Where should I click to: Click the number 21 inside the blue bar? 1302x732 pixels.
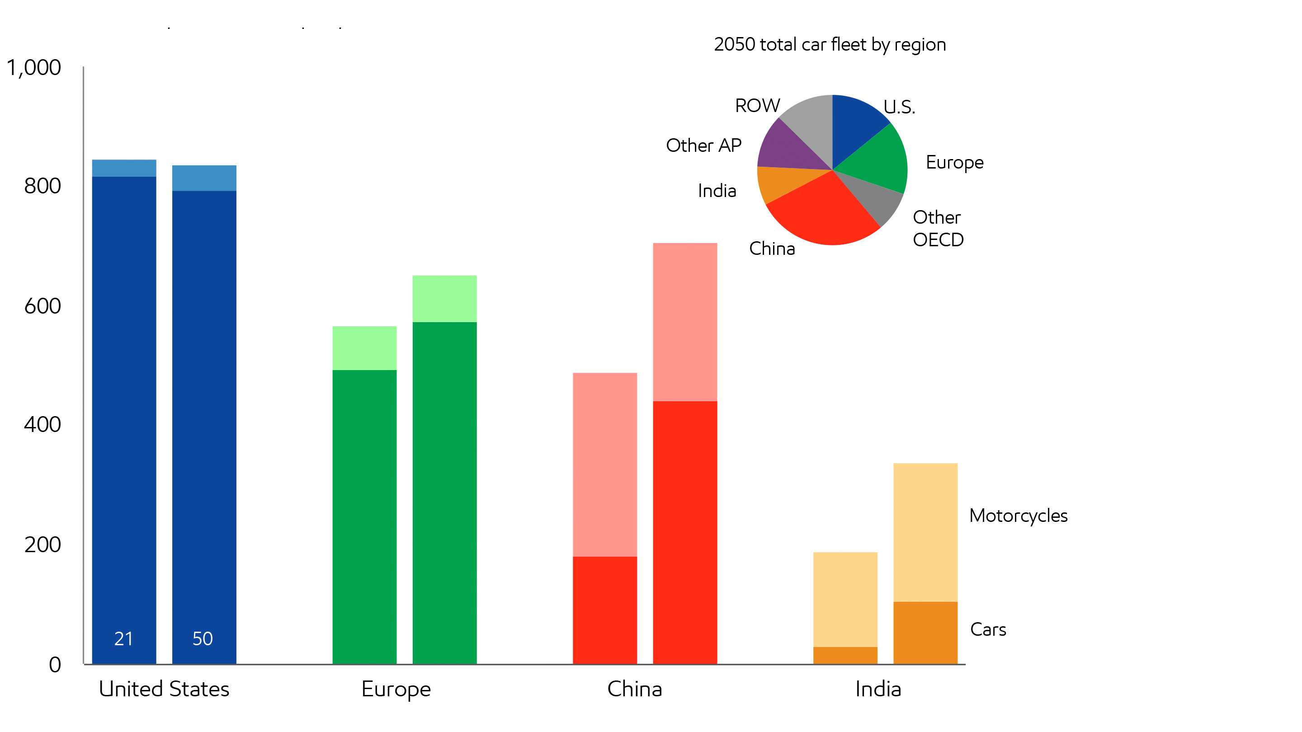(123, 638)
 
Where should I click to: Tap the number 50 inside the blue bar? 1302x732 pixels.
(203, 638)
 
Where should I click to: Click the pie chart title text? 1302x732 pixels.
(830, 44)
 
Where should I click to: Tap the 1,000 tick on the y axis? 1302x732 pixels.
(33, 67)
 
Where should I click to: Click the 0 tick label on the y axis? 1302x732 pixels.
(55, 664)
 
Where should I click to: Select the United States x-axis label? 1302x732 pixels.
(164, 689)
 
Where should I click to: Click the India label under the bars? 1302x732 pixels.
(878, 689)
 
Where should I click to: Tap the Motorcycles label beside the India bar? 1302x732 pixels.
(1018, 516)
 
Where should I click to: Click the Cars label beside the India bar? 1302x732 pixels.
(988, 629)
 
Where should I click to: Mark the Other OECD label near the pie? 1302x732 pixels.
(938, 228)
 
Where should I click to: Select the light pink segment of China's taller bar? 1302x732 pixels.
(685, 322)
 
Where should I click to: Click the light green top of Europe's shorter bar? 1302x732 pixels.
(364, 347)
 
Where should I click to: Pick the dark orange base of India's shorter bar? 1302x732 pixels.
(845, 655)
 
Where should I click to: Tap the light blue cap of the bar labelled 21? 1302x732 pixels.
(124, 168)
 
